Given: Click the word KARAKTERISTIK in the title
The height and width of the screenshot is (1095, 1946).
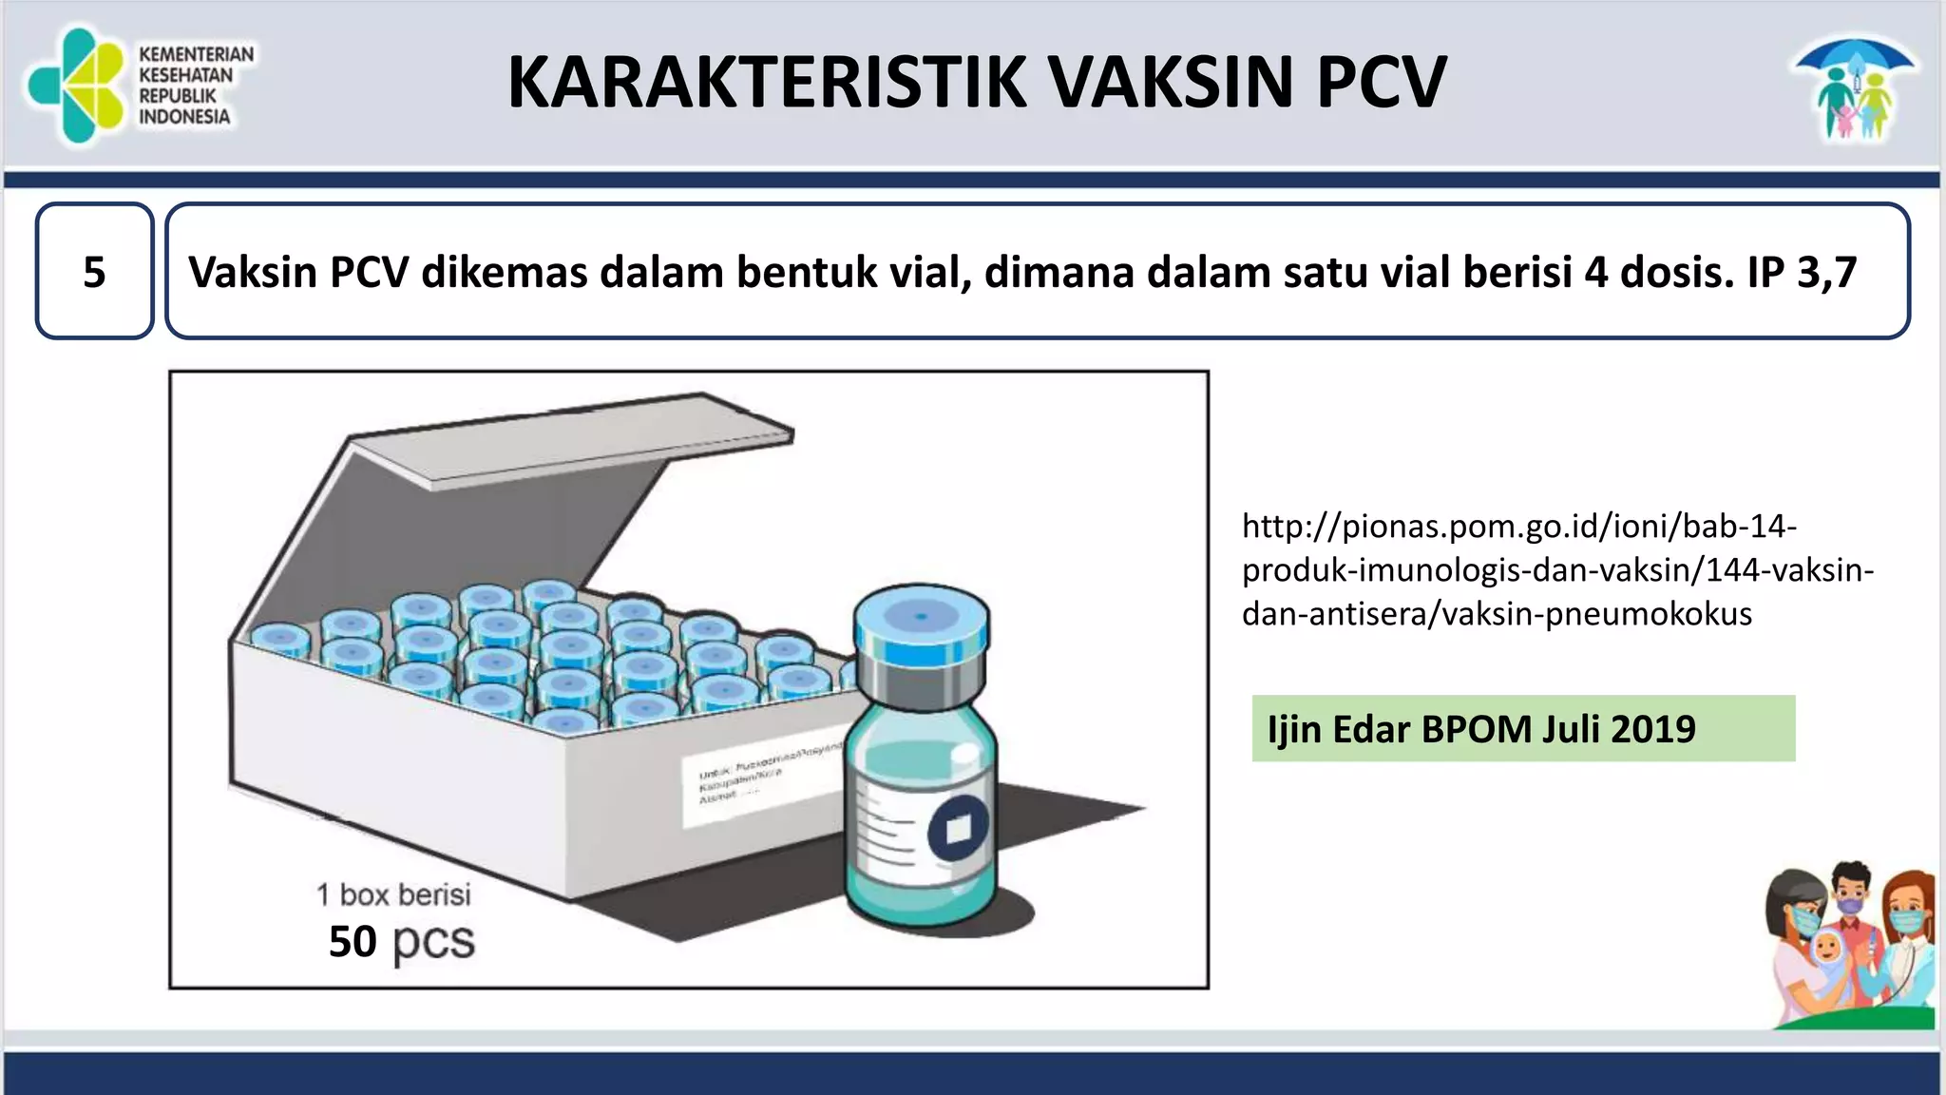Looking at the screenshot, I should coord(766,83).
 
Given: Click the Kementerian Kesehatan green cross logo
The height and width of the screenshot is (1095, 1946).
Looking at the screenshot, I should coord(76,86).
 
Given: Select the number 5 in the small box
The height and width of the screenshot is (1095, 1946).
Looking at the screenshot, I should coord(94,273).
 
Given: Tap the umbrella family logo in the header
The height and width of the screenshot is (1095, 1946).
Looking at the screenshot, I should coord(1854,88).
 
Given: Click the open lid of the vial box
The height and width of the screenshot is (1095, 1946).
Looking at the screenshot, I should coord(570,456).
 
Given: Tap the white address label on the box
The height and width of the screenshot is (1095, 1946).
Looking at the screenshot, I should coord(760,784).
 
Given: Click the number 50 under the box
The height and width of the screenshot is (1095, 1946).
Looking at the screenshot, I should coord(353,942).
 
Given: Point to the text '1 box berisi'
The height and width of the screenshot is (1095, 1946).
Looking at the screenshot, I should coord(393,894).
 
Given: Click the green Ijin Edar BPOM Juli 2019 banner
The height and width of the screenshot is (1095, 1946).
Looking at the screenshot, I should coord(1523,729).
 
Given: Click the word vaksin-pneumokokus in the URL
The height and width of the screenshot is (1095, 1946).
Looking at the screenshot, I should coord(1596,614).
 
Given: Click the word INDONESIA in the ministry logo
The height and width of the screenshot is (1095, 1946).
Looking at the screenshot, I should coord(184,117).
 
